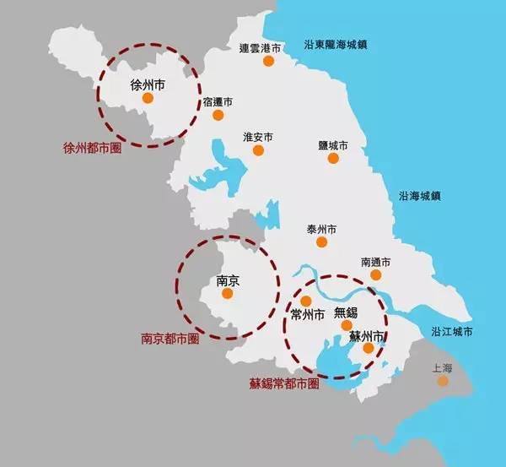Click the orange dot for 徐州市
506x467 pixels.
[x=148, y=98]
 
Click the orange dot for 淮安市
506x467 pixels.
[x=259, y=151]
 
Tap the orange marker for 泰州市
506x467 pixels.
[x=321, y=242]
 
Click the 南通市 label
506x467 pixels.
[x=375, y=262]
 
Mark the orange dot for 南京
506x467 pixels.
[x=226, y=295]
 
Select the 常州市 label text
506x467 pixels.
[x=308, y=315]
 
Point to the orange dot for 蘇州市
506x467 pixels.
[x=369, y=347]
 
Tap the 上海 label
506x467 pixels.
[x=443, y=368]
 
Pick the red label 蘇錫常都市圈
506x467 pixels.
[x=284, y=383]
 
